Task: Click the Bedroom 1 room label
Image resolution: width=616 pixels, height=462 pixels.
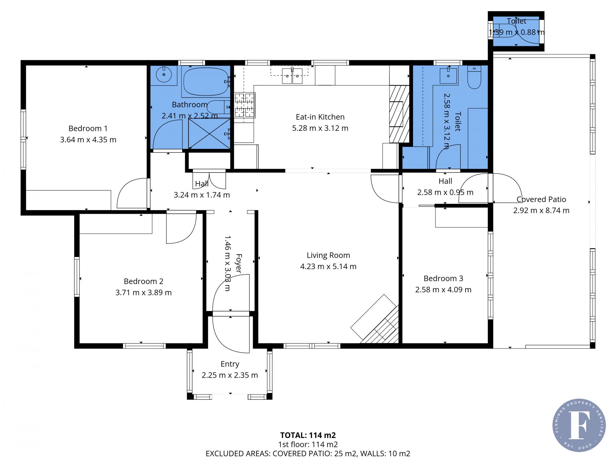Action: coord(88,128)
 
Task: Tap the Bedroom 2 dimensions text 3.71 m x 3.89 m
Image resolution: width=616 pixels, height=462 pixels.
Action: coord(143,293)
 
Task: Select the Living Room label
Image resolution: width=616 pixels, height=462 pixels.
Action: coord(328,255)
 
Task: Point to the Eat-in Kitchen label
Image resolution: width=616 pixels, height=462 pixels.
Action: coord(320,117)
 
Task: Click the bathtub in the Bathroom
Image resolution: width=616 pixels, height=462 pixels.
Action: coord(206,81)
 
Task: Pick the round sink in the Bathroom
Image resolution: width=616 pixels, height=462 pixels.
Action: coord(164,75)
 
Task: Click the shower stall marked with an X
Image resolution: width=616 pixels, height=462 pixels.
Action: coord(209,133)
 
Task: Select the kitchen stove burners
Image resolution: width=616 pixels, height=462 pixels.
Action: coord(245,105)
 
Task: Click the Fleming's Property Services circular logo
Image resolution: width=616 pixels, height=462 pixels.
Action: coord(579,425)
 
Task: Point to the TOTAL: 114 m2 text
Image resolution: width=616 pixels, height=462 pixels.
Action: coord(308,435)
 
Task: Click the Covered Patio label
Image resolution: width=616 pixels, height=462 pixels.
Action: coord(541,199)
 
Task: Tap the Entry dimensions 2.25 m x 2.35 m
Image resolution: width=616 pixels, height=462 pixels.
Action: coord(230,375)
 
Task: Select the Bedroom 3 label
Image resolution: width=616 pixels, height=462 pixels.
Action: coord(443,278)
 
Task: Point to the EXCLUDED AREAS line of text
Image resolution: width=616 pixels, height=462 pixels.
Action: coord(308,454)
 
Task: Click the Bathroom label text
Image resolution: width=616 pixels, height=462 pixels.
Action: coord(190,105)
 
